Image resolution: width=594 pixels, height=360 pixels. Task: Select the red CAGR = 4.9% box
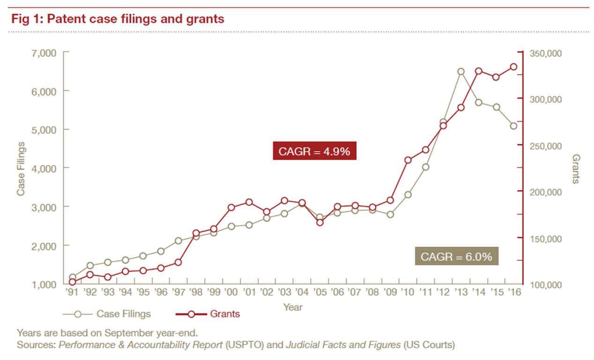314,151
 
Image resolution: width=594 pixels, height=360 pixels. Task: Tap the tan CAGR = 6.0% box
456,257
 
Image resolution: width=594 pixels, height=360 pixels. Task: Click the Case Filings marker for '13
461,72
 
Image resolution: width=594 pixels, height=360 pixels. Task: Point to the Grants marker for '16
513,67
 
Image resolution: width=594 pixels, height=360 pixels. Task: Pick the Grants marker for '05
320,222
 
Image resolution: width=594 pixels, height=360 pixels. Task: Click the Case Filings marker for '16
513,126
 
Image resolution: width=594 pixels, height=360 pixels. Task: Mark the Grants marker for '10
408,160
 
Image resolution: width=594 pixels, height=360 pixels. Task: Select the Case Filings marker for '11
425,167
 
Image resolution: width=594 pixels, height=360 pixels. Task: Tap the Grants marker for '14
478,71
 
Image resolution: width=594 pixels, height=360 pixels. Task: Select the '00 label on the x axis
230,292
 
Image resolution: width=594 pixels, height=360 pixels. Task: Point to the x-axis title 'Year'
293,308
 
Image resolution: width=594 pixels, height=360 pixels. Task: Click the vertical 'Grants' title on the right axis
576,169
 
